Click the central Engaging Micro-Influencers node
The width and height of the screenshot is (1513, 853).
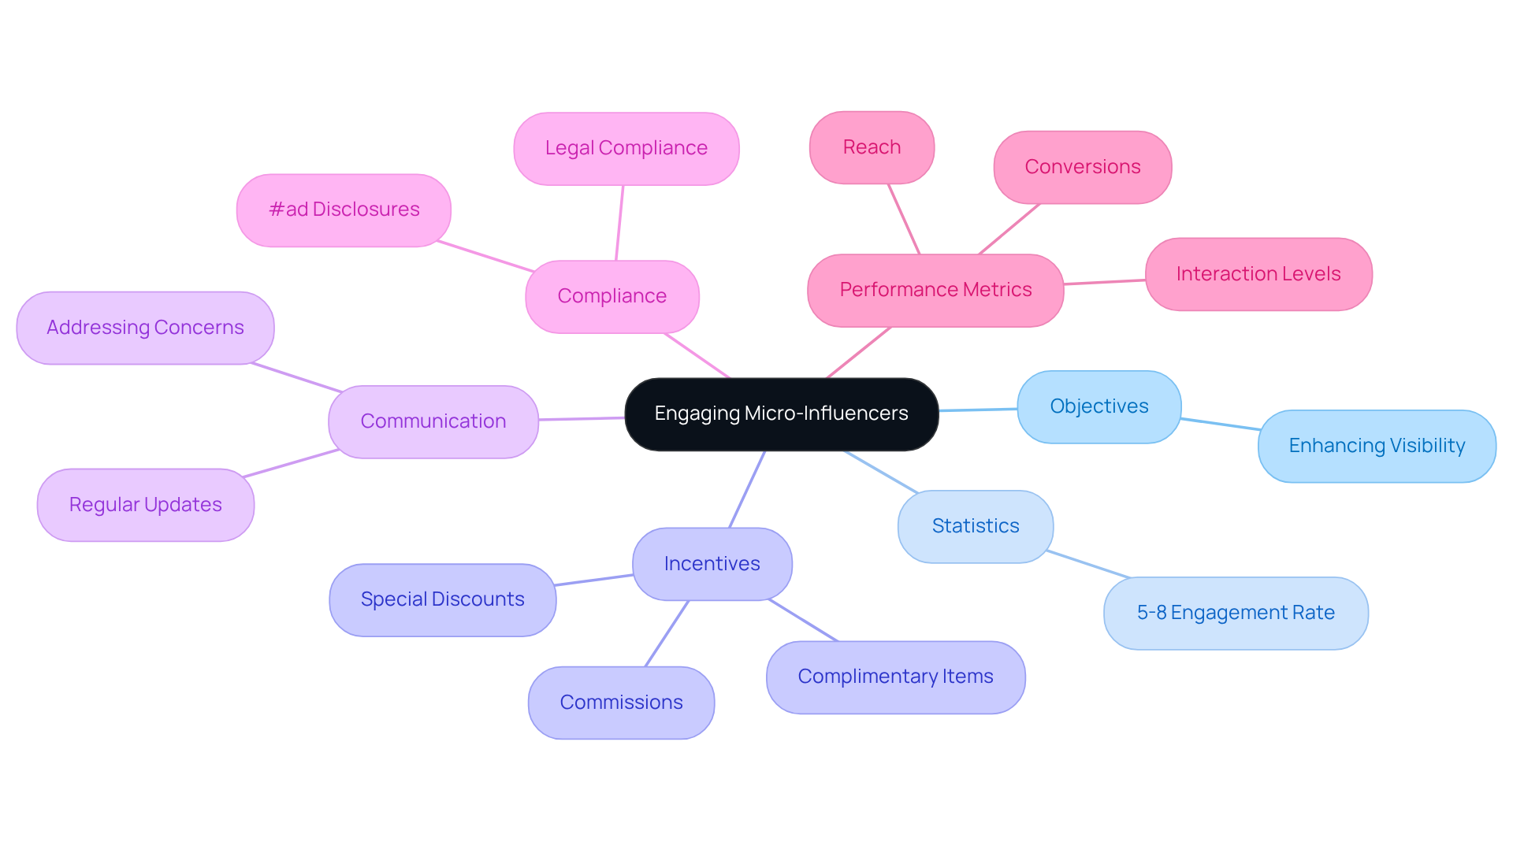coord(781,414)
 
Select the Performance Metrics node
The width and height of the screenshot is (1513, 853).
coord(935,290)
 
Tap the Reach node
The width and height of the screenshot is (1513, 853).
coord(872,147)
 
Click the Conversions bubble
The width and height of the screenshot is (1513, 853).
coord(1082,167)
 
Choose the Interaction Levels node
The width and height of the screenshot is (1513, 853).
coord(1258,274)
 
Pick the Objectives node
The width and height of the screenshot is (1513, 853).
coord(1099,406)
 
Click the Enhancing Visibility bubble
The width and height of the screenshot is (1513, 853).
coord(1376,446)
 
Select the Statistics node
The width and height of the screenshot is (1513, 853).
coord(975,526)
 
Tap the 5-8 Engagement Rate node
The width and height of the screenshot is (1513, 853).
coord(1235,613)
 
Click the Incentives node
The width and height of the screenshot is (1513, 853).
coord(712,564)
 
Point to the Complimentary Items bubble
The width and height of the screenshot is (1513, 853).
coord(895,677)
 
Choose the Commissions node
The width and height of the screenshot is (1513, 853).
coord(621,703)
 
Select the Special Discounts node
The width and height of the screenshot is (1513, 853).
coord(442,599)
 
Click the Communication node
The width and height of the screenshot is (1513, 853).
coord(433,421)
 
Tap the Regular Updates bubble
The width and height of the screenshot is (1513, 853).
coord(145,505)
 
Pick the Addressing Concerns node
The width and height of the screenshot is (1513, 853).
coord(145,328)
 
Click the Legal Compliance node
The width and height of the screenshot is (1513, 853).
coord(626,148)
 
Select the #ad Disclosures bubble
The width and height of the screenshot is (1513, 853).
coord(344,210)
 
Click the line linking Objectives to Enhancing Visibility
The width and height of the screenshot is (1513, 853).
coord(1220,424)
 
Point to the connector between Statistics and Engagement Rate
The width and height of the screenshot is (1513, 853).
coord(1088,564)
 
